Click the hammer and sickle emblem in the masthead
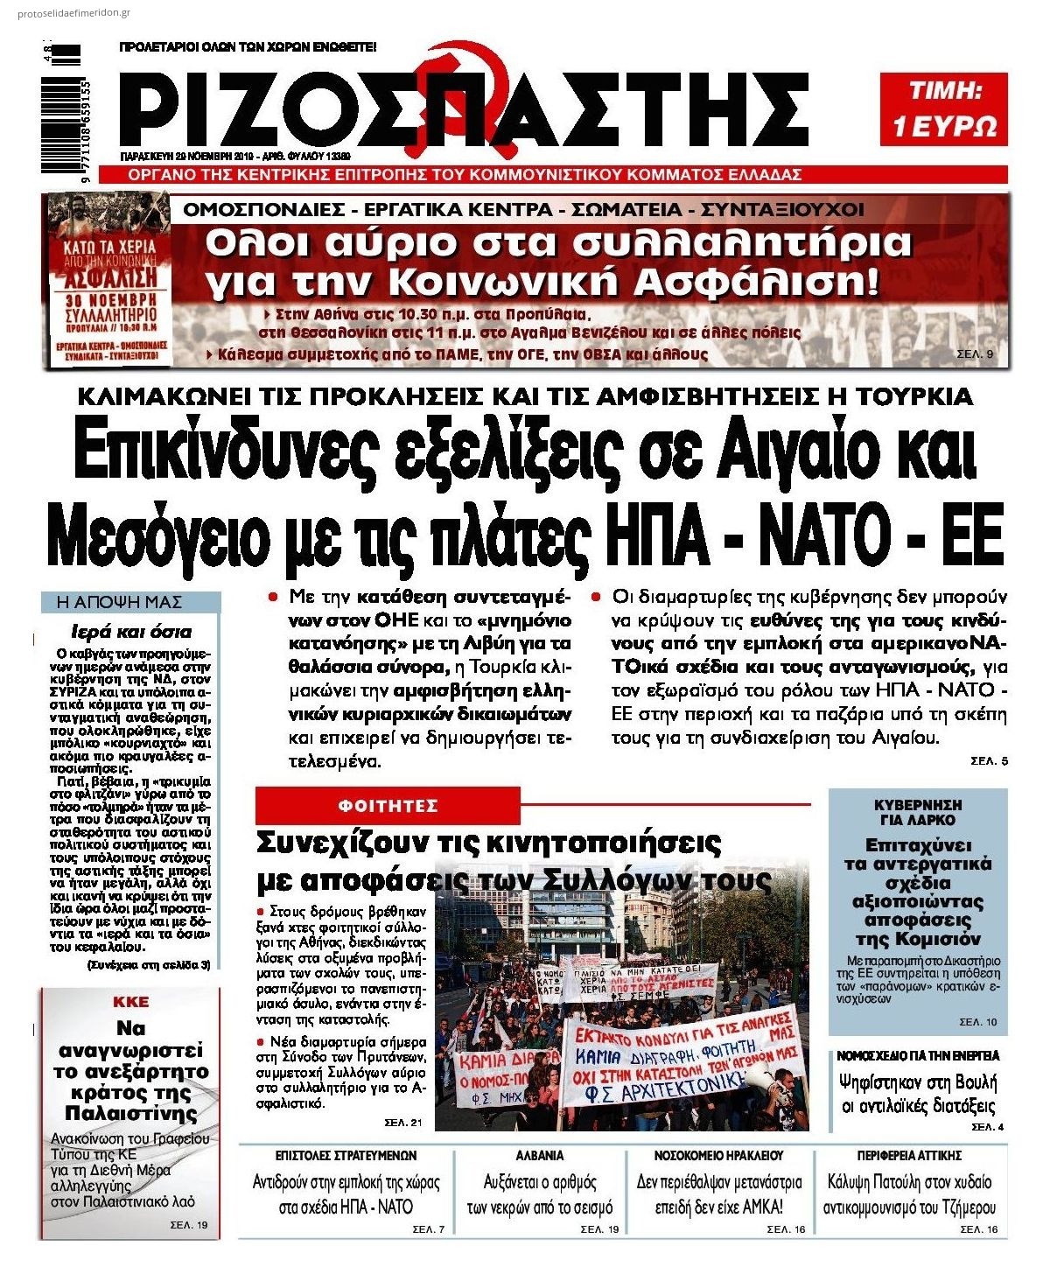pyautogui.click(x=448, y=83)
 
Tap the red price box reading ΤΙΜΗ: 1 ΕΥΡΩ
pyautogui.click(x=943, y=108)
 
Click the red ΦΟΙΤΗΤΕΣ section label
pyautogui.click(x=388, y=805)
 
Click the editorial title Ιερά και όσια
pyautogui.click(x=130, y=632)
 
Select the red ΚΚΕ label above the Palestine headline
pyautogui.click(x=131, y=1002)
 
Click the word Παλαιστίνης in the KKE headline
pyautogui.click(x=131, y=1113)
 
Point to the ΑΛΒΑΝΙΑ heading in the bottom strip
pyautogui.click(x=540, y=1155)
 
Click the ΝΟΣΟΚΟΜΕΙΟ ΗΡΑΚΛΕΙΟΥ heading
pyautogui.click(x=718, y=1155)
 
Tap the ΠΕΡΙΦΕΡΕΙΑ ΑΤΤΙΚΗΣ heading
pyautogui.click(x=909, y=1155)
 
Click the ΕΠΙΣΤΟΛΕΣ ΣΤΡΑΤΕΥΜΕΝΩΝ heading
pyautogui.click(x=346, y=1155)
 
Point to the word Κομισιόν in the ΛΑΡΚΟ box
pyautogui.click(x=918, y=939)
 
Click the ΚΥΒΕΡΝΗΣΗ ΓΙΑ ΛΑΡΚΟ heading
pyautogui.click(x=918, y=812)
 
